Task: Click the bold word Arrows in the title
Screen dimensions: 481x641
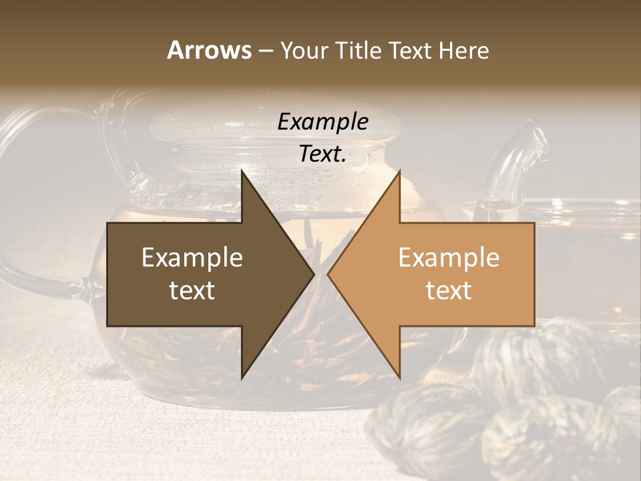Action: [209, 50]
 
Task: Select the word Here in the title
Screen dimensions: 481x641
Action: [464, 50]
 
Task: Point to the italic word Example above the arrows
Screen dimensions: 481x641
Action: [323, 122]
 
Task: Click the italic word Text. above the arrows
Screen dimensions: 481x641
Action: [323, 154]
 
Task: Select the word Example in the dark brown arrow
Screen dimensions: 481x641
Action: [192, 258]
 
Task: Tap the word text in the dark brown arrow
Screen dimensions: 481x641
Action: [192, 290]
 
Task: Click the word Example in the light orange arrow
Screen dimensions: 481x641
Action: [449, 258]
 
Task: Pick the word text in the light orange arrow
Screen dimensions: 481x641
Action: [449, 290]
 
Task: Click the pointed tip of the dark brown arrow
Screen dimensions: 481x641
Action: [313, 274]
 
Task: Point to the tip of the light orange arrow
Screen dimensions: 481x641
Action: [329, 274]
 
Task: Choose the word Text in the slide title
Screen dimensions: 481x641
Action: [409, 50]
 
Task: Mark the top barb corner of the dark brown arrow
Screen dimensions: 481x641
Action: [242, 171]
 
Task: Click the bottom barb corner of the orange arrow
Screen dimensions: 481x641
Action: [399, 377]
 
